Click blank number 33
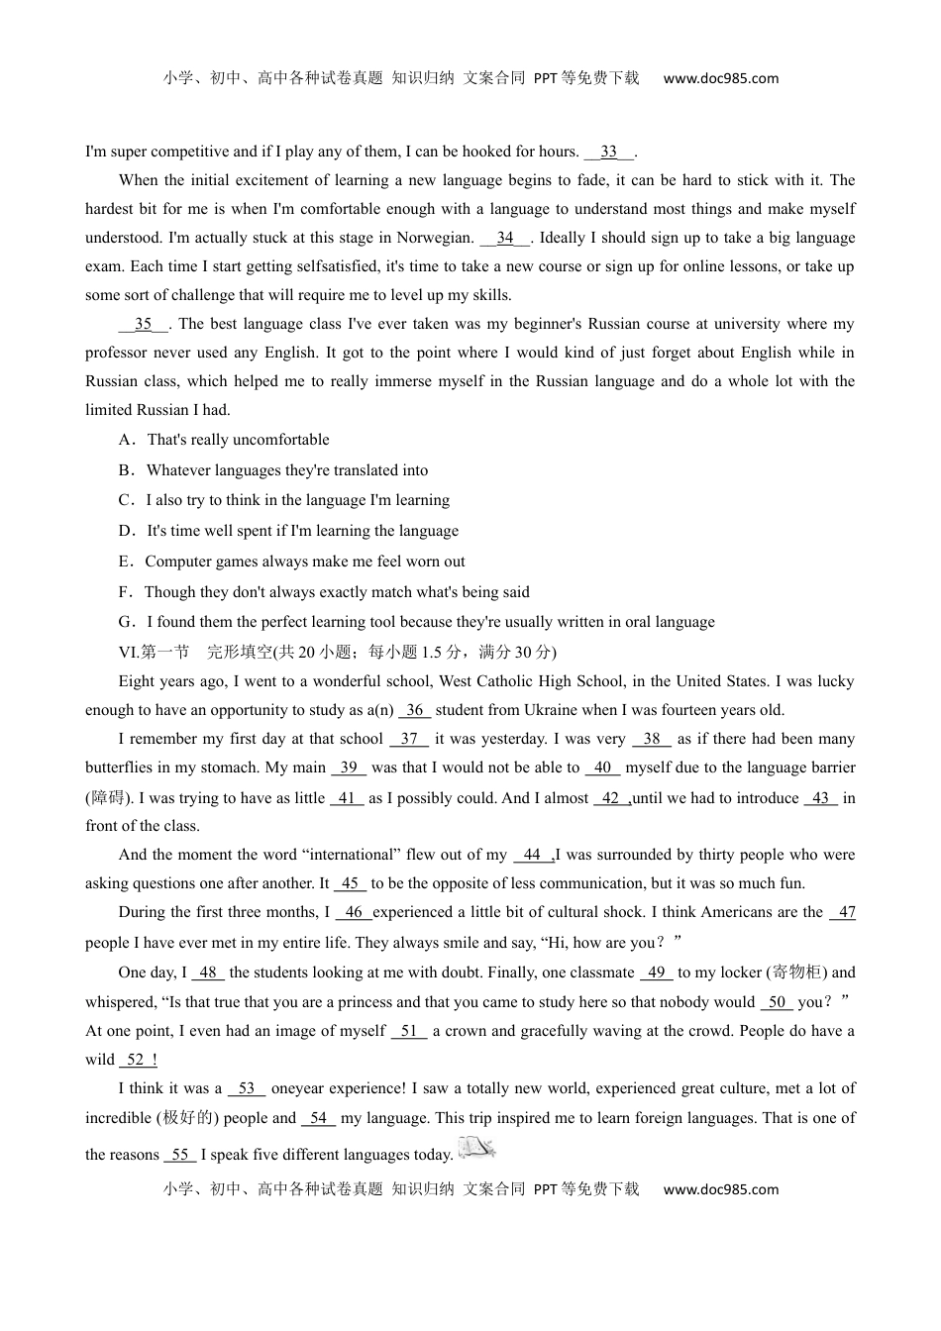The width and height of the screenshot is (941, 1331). (608, 152)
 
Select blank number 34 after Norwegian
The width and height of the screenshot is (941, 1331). (505, 238)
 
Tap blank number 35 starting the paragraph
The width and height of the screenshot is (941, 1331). (144, 324)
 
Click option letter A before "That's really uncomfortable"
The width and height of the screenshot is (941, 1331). (125, 440)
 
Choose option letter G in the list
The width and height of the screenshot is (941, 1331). (126, 622)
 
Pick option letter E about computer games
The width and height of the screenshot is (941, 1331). (125, 562)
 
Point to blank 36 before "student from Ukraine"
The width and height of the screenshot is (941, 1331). (415, 710)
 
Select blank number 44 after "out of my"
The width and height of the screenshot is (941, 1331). (532, 855)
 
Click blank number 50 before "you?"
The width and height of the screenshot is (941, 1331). (778, 1002)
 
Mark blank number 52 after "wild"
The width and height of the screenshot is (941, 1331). (137, 1060)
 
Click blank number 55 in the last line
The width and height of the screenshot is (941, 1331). (179, 1155)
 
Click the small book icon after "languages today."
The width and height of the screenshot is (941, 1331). (476, 1149)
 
